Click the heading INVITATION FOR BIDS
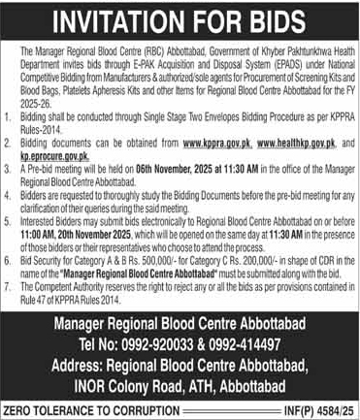tap(180, 18)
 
